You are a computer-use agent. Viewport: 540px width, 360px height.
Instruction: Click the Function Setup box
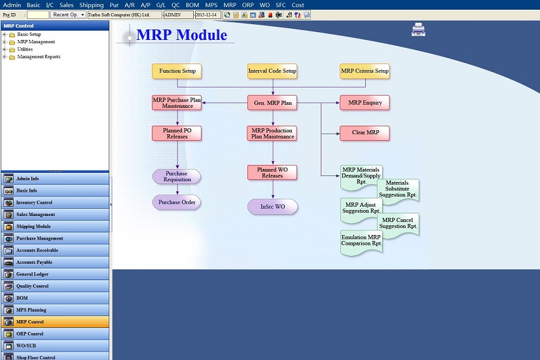[177, 71]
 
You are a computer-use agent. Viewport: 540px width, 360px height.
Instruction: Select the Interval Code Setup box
[272, 71]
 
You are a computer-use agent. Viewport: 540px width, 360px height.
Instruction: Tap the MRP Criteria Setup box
[365, 71]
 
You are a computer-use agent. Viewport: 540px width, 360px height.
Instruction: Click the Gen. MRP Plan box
[272, 103]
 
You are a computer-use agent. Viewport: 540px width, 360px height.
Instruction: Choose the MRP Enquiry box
[365, 103]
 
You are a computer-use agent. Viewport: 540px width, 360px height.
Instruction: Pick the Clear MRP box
[365, 133]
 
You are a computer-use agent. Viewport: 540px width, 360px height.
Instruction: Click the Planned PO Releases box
[177, 134]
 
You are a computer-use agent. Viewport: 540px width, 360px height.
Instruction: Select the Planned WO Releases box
[272, 173]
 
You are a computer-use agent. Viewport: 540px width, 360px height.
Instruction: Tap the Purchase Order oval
[177, 202]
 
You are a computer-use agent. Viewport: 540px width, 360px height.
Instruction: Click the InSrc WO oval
[272, 207]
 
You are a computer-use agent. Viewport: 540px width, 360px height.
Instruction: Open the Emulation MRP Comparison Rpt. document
[361, 242]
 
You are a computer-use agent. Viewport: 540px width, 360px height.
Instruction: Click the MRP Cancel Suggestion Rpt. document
[398, 225]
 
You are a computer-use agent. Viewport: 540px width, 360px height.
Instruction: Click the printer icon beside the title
[418, 29]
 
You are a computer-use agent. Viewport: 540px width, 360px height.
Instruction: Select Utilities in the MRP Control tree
[25, 49]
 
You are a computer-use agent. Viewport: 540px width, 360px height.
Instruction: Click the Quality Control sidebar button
[55, 286]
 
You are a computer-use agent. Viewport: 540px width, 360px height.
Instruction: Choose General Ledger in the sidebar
[55, 274]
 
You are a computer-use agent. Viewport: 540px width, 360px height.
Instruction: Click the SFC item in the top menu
[281, 5]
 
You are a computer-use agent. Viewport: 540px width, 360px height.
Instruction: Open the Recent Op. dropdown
[68, 15]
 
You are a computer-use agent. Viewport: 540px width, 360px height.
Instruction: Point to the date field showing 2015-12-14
[207, 15]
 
